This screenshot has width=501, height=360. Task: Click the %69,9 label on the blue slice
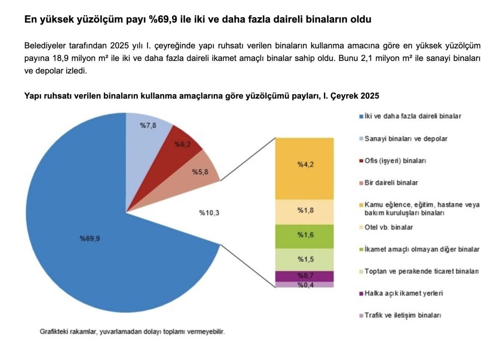click(x=89, y=239)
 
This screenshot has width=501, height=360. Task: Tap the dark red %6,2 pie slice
click(x=182, y=145)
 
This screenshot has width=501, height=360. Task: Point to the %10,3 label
click(x=209, y=213)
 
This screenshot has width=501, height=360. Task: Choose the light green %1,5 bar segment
click(x=305, y=259)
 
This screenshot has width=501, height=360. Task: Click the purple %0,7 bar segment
click(x=305, y=276)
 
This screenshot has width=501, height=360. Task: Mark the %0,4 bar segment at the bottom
click(x=305, y=285)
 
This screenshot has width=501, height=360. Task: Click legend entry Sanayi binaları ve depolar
click(x=405, y=139)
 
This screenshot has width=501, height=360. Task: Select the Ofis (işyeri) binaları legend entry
click(x=395, y=161)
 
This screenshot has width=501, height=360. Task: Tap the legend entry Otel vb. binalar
click(x=389, y=227)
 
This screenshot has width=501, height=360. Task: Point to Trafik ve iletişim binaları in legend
click(x=402, y=315)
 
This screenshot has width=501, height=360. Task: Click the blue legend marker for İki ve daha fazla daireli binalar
click(x=361, y=117)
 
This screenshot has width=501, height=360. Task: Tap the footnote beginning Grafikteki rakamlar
click(x=132, y=332)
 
